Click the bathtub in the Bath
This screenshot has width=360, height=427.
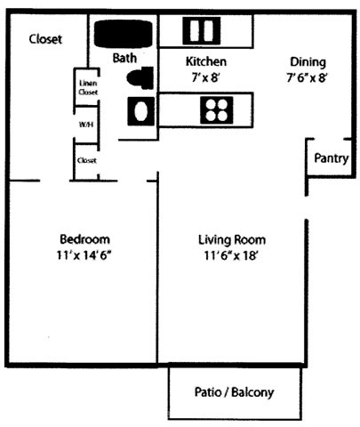point(124,34)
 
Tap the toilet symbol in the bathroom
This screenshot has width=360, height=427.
point(140,78)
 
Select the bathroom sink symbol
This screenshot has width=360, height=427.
point(140,111)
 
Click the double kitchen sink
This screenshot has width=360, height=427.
point(202,31)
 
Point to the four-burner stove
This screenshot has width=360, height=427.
point(217,110)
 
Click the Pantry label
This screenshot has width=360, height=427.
point(331,158)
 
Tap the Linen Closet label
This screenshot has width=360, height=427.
point(88,87)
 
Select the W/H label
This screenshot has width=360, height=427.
point(86,125)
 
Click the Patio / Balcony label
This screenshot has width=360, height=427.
point(234,392)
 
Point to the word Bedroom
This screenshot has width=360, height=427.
point(84,239)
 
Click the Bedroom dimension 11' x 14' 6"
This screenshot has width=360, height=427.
point(84,255)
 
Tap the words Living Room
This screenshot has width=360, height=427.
point(232,239)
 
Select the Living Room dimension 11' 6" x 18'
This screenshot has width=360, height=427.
point(230,255)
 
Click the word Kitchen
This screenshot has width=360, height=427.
point(206,61)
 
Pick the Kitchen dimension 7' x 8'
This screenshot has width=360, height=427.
point(205,77)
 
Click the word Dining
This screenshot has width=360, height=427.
point(308,62)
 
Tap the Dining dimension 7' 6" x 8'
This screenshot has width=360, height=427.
point(307,77)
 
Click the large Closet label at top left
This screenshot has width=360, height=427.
point(45,39)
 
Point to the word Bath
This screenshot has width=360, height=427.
point(124,58)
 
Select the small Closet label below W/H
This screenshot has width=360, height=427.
point(87,160)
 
